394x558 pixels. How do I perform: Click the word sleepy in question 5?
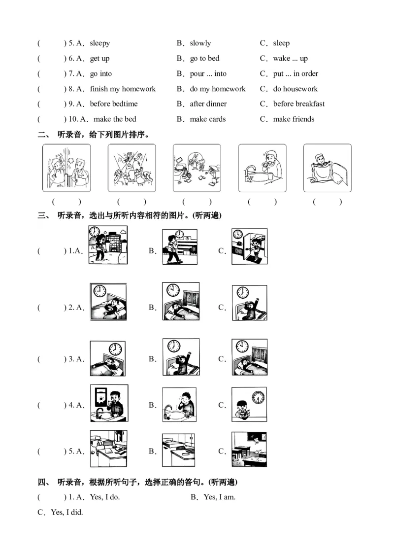[x=99, y=43]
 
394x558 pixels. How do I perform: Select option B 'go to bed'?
[x=204, y=59]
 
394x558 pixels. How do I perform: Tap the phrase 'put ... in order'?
[x=295, y=74]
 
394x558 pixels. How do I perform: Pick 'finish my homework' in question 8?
[x=123, y=89]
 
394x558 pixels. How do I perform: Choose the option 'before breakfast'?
[x=299, y=104]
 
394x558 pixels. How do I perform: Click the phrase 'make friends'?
[x=294, y=119]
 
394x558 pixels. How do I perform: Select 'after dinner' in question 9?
[x=208, y=104]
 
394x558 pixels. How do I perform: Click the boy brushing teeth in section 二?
[x=262, y=168]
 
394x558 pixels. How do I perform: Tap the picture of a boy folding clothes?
[x=327, y=168]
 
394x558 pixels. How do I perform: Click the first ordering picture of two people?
[x=66, y=168]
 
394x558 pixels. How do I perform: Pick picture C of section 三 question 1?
[x=250, y=246]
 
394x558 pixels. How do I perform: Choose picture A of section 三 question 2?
[x=108, y=302]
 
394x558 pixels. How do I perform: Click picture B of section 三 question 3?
[x=181, y=357]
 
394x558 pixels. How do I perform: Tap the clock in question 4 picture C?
[x=258, y=396]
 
